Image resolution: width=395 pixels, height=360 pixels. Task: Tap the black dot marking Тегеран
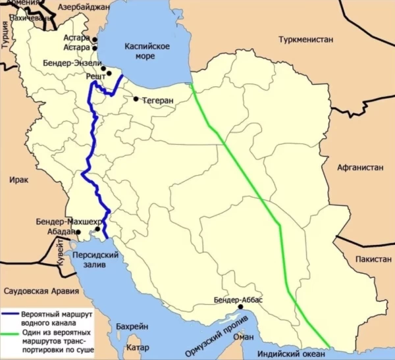pos(136,99)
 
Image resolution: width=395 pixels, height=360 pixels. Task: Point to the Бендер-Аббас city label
pos(238,300)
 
